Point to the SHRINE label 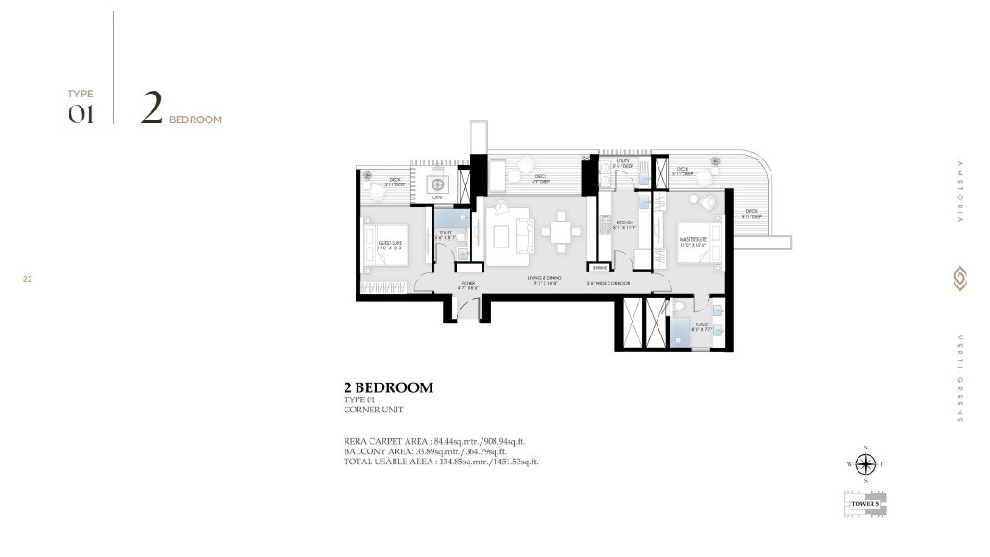[x=599, y=267]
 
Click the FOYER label [x=469, y=284]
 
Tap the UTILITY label [x=623, y=163]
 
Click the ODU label [x=437, y=197]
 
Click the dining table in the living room [x=560, y=233]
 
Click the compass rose [x=866, y=464]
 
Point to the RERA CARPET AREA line [x=440, y=442]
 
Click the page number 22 [x=28, y=277]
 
